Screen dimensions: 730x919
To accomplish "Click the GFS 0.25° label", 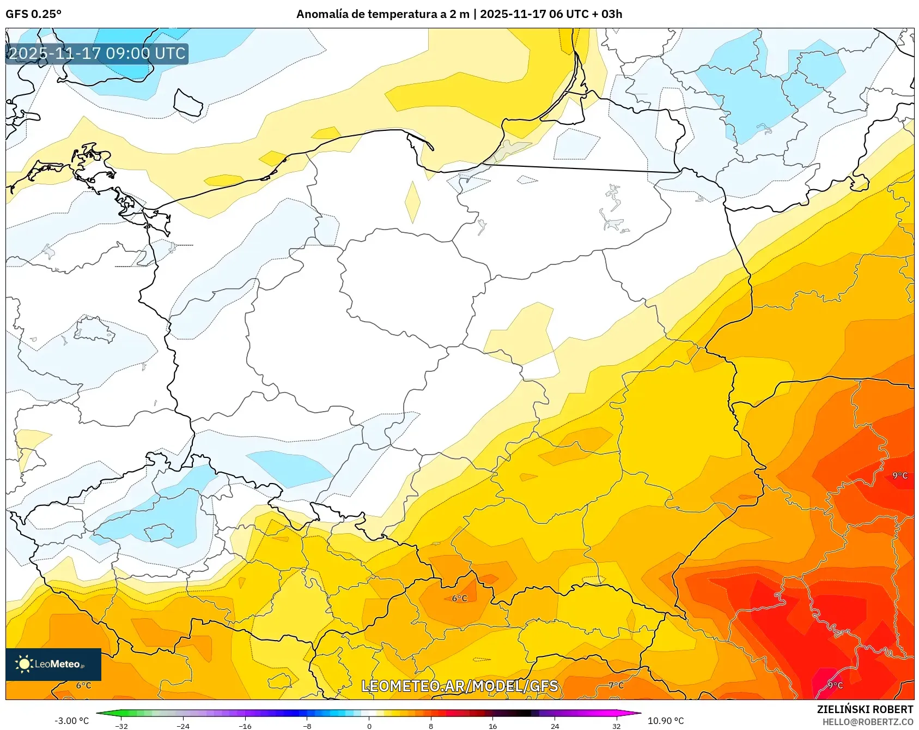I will click(33, 14).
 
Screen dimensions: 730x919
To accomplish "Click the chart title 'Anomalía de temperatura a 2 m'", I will click(382, 14).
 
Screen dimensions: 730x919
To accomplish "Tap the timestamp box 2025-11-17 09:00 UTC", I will click(97, 53).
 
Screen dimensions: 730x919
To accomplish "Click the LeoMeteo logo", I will click(53, 664).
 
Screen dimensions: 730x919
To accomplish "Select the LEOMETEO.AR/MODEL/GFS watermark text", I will click(459, 686).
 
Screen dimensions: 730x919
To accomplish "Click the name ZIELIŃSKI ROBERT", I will click(865, 709).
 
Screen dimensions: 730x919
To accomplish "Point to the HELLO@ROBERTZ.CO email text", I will click(867, 722).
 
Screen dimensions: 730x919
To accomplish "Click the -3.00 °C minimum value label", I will click(71, 721).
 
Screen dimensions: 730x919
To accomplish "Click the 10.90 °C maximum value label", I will click(665, 721).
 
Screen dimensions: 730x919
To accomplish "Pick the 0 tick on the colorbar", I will click(369, 726).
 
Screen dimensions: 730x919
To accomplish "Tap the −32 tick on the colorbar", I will click(121, 726).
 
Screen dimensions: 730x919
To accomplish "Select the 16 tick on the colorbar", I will click(492, 726).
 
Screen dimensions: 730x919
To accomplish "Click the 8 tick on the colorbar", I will click(431, 726).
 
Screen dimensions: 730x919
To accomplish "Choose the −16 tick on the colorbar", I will click(245, 726).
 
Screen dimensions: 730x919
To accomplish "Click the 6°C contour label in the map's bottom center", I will click(459, 599).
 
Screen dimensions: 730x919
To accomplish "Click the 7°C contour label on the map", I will click(616, 685).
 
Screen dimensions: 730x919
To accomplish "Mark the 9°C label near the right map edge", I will click(899, 475).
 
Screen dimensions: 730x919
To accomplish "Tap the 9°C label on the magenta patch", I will click(835, 685).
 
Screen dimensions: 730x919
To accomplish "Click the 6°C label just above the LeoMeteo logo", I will click(83, 685).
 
